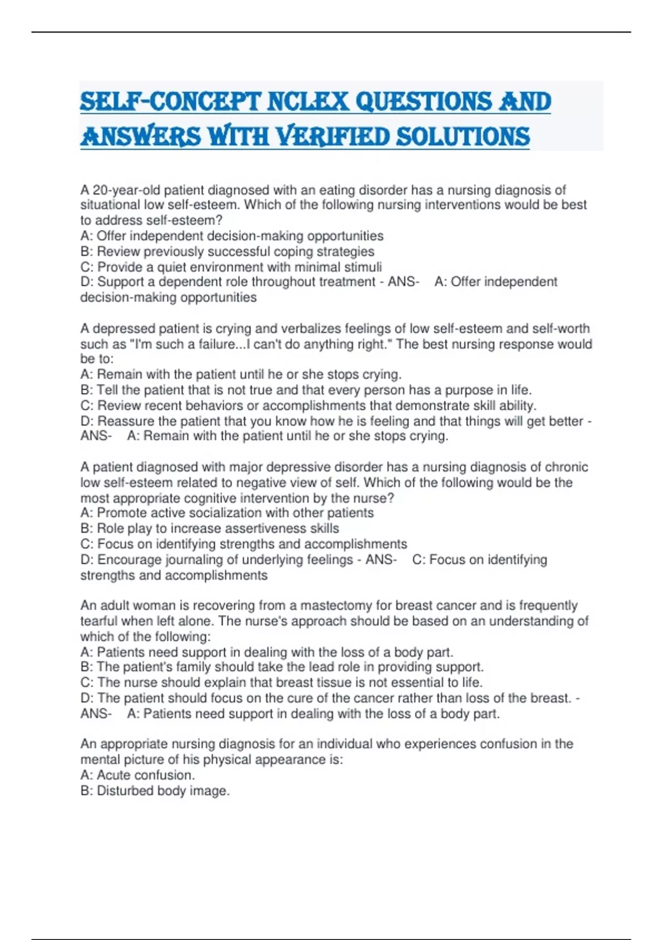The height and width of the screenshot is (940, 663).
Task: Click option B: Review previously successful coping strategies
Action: (x=227, y=252)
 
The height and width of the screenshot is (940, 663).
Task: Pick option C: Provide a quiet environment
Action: (x=231, y=267)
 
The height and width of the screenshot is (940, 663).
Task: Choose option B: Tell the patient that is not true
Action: (x=306, y=390)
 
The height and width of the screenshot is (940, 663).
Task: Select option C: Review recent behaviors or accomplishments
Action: (x=308, y=405)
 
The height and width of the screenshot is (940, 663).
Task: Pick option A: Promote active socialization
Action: (x=227, y=513)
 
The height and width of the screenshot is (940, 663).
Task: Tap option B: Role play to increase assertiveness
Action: (x=210, y=529)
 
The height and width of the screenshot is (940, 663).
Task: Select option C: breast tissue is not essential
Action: (x=281, y=682)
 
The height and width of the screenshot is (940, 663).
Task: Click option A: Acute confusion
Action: (x=138, y=775)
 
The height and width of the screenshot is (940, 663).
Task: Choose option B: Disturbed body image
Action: (x=155, y=791)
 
